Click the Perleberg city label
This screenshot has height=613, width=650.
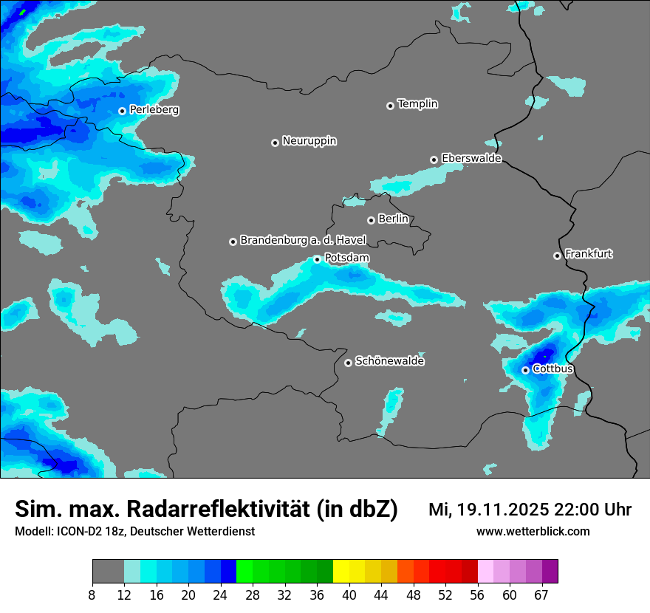tap(154, 109)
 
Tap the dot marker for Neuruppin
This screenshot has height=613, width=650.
tap(275, 143)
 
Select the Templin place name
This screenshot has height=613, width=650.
tap(417, 104)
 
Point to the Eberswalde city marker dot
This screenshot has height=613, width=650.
tap(434, 160)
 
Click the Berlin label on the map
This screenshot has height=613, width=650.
tap(393, 219)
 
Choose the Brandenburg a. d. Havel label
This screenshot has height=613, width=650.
tap(303, 240)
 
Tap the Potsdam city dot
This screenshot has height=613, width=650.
tap(317, 259)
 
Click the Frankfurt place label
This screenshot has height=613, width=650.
tap(589, 254)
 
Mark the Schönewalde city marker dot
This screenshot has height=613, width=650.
tap(348, 363)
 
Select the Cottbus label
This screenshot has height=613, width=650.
tap(552, 369)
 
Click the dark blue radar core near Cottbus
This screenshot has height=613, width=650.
tap(544, 355)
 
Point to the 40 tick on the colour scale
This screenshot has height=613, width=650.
tap(349, 594)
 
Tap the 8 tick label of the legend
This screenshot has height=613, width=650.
tap(92, 594)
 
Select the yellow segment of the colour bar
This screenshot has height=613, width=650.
tap(341, 572)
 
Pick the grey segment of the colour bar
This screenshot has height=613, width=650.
tap(108, 572)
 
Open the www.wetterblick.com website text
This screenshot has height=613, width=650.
tap(533, 531)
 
